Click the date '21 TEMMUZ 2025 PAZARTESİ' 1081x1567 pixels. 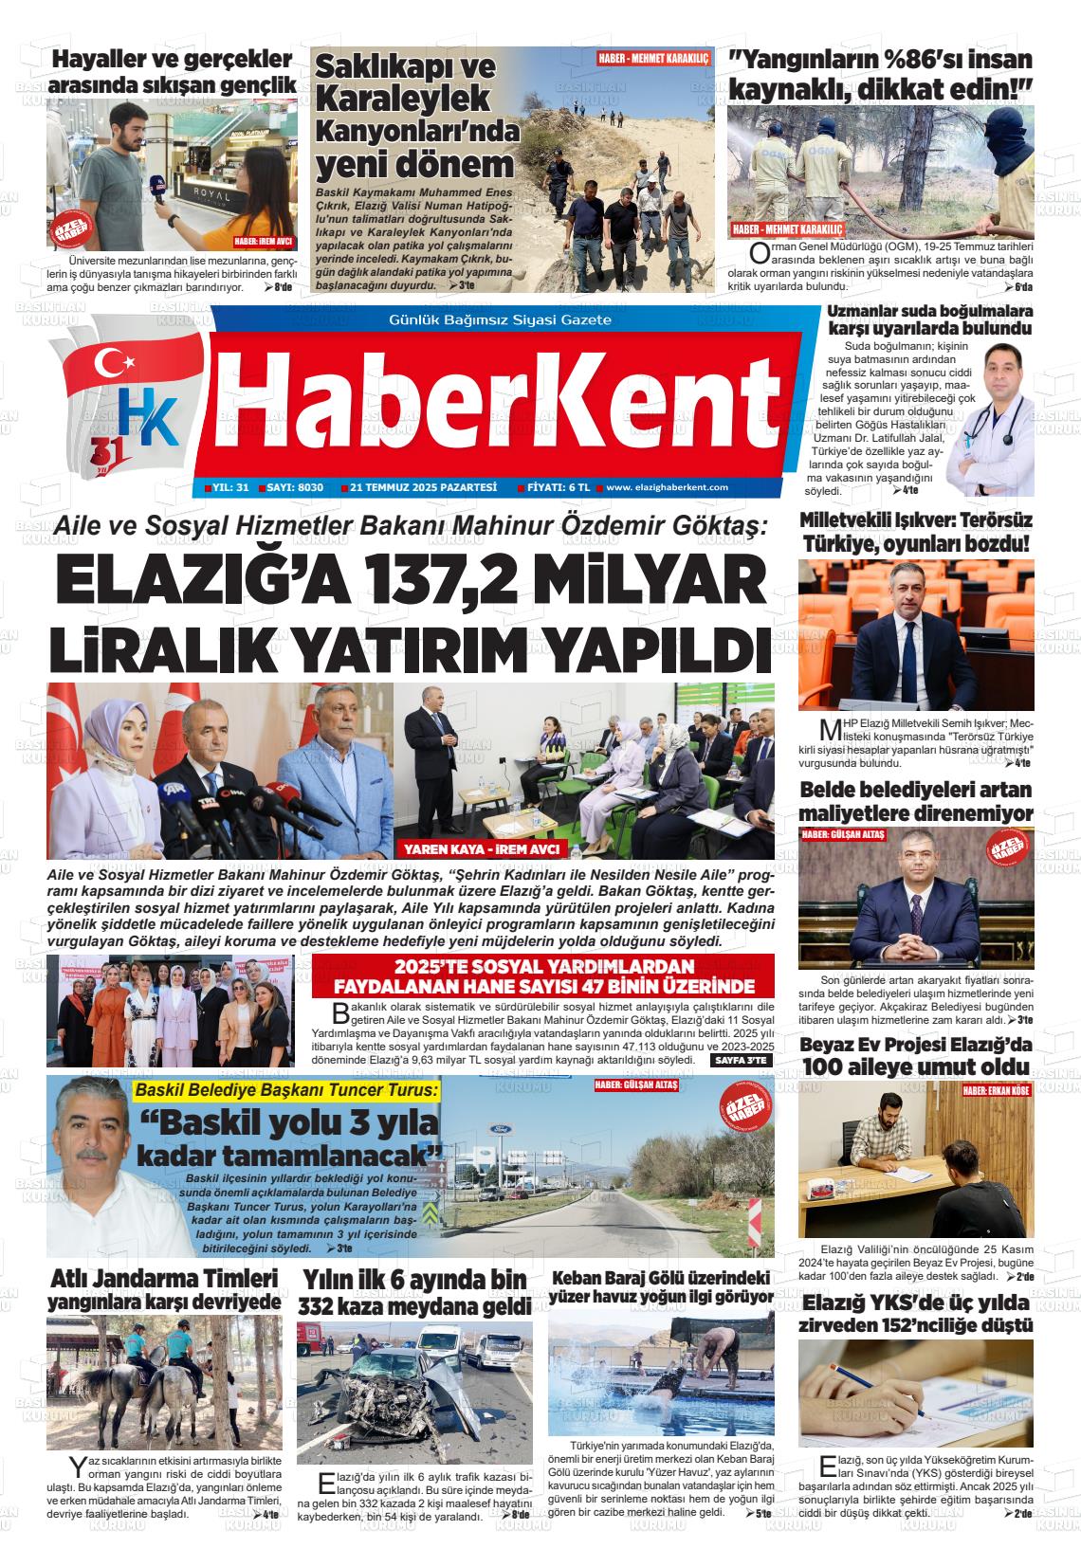pyautogui.click(x=423, y=487)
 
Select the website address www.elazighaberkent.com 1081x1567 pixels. pyautogui.click(x=667, y=487)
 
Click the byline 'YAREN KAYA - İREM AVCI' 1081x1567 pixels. pyautogui.click(x=481, y=848)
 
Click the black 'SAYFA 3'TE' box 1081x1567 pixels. pyautogui.click(x=741, y=1060)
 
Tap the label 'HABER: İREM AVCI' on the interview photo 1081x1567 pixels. pyautogui.click(x=265, y=241)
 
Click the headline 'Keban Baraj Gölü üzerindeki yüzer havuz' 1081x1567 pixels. pyautogui.click(x=662, y=1287)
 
